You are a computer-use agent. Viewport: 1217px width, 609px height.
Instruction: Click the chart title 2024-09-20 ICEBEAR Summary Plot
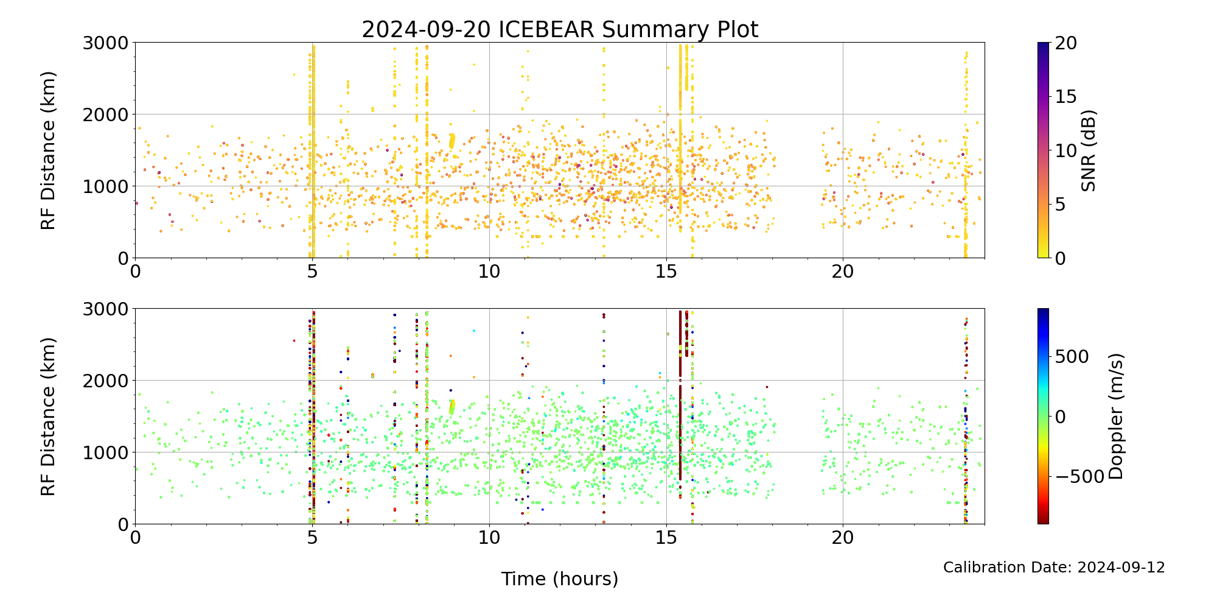click(x=560, y=29)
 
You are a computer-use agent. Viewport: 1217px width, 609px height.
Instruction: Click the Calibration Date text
click(x=1054, y=568)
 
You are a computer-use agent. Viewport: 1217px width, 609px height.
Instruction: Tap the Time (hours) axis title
click(x=560, y=579)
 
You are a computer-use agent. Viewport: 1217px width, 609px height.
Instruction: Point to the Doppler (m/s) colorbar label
click(x=1116, y=416)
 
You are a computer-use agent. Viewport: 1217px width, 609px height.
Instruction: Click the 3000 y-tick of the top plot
click(x=106, y=43)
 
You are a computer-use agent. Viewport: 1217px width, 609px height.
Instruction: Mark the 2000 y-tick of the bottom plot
click(x=106, y=381)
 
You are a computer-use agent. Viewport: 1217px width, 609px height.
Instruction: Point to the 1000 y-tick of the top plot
click(x=106, y=186)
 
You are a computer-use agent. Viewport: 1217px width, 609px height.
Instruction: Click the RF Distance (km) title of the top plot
click(x=49, y=150)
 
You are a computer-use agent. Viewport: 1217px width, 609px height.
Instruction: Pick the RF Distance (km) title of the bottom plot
click(x=49, y=417)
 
